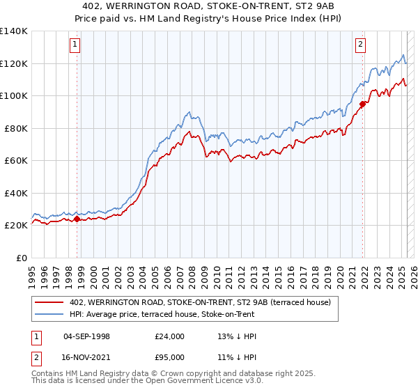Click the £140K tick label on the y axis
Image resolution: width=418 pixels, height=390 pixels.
14,31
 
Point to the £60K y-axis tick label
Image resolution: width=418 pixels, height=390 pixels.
16,160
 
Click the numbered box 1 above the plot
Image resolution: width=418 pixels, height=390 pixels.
75,45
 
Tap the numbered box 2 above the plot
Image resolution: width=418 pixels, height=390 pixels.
360,45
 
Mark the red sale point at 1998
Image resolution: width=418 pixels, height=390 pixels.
77,219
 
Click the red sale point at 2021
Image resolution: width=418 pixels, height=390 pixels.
362,104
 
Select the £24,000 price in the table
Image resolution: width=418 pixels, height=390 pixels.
170,336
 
